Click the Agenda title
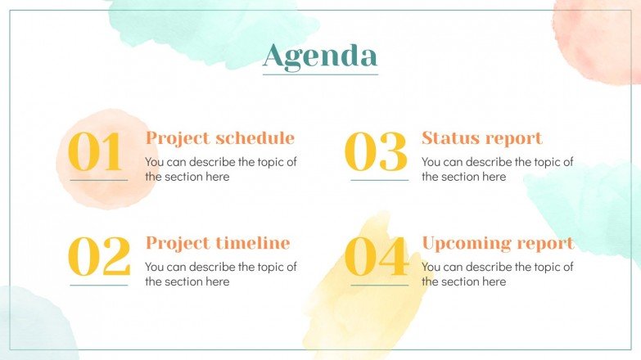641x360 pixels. click(x=320, y=55)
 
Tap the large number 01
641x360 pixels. click(x=96, y=152)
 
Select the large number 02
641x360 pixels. click(x=98, y=257)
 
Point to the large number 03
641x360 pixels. click(x=376, y=152)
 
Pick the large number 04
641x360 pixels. click(x=377, y=257)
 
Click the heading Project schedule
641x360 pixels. click(x=219, y=138)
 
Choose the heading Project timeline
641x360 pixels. click(x=218, y=243)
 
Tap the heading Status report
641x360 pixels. click(x=481, y=138)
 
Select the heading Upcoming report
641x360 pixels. click(x=498, y=243)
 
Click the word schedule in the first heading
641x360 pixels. click(x=255, y=138)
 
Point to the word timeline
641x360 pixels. click(x=252, y=243)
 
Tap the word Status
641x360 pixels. click(x=449, y=138)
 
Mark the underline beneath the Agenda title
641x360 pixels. click(x=320, y=74)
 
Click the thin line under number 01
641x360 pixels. click(x=99, y=180)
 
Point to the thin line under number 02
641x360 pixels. click(x=99, y=285)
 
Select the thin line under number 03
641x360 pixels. click(x=379, y=180)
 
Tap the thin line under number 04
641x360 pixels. click(x=379, y=285)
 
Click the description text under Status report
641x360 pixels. click(x=497, y=169)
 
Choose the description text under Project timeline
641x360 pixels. click(x=220, y=274)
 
